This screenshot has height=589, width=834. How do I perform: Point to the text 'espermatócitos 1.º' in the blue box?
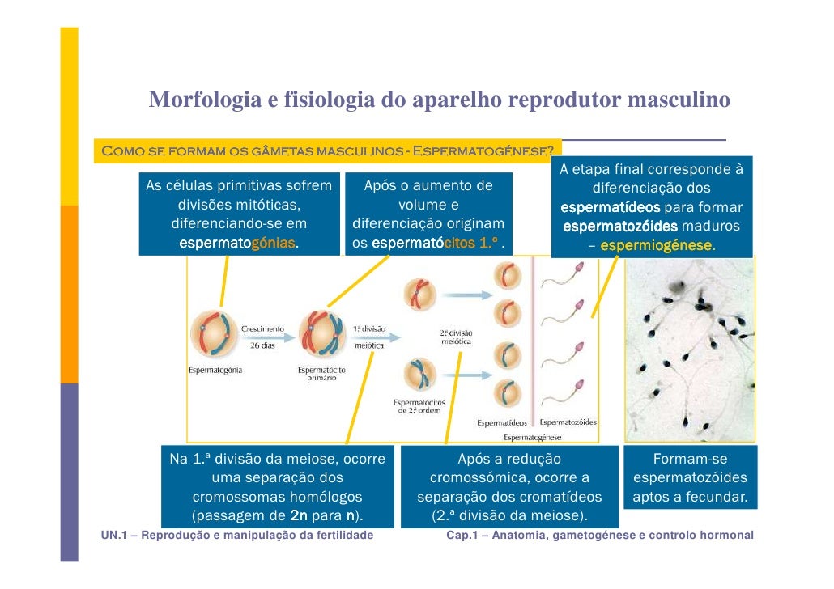(433, 243)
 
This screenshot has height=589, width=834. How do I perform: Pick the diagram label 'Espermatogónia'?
(215, 371)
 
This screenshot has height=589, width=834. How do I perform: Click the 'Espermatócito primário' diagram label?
(321, 375)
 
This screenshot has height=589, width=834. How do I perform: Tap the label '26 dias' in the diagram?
(262, 345)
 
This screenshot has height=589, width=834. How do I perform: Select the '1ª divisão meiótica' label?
(370, 337)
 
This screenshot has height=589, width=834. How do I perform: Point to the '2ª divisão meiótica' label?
(456, 337)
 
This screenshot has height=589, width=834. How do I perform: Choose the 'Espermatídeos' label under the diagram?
(502, 422)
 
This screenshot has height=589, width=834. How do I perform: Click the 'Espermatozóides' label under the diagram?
(568, 422)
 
